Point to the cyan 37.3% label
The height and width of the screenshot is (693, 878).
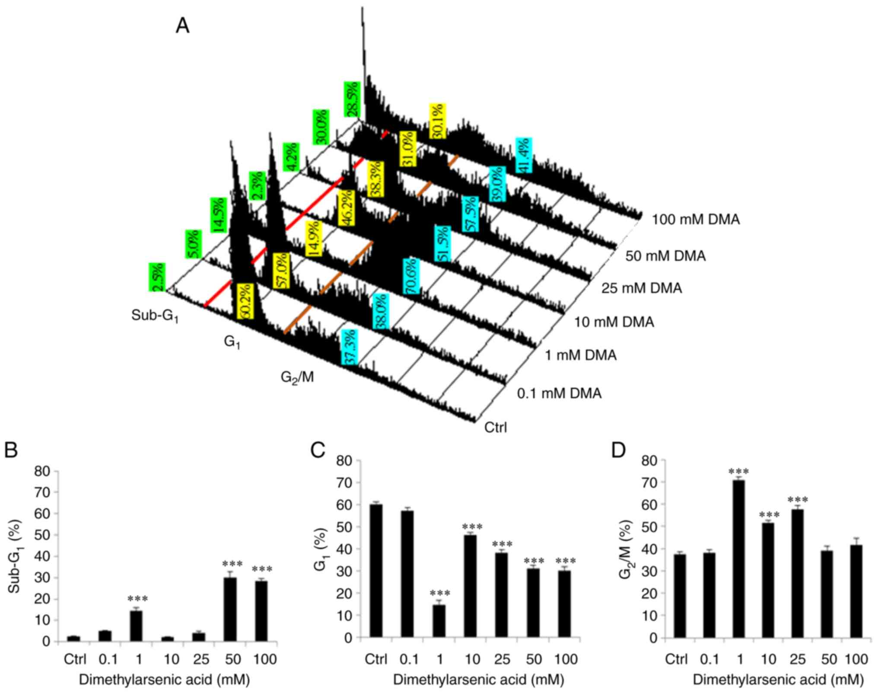[349, 347]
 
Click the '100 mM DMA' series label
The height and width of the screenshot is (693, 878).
[696, 220]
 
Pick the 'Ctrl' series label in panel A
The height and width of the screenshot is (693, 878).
[496, 427]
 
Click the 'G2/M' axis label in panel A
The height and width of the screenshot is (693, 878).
[297, 377]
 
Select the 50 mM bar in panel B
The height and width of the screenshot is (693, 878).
[230, 609]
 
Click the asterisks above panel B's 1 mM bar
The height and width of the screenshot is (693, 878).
[137, 599]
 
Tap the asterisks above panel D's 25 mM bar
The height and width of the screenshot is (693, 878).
[798, 501]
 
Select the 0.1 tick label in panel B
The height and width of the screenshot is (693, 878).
[108, 659]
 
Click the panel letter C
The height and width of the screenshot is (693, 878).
[318, 450]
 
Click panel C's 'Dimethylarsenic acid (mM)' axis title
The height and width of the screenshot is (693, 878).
[478, 680]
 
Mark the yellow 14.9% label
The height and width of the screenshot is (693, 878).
[313, 239]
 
